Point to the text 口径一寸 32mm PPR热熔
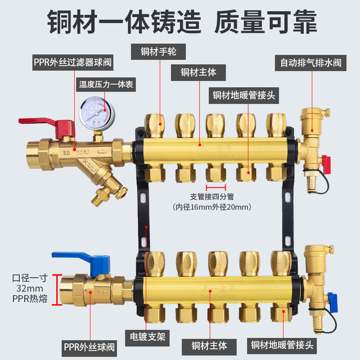(x=25, y=289)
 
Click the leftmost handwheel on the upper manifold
(x=153, y=123)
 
